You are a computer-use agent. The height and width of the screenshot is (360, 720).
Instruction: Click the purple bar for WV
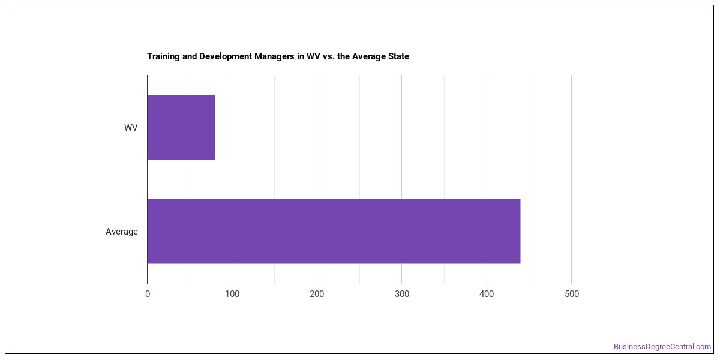coord(181,127)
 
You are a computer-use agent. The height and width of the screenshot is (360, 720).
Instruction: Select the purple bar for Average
coord(334,231)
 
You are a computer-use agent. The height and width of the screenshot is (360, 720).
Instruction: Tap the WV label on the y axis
coord(131,128)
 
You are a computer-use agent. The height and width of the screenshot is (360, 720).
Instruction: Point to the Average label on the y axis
coord(121,232)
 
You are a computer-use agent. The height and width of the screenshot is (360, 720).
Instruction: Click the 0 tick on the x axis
coord(148,294)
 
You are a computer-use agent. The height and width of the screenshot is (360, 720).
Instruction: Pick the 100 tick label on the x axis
coord(232,294)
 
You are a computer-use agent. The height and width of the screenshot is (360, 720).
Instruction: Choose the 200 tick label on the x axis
coord(317,294)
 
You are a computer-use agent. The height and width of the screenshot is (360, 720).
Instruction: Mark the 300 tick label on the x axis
coord(402,294)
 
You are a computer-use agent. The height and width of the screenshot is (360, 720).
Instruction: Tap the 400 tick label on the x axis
coord(487,294)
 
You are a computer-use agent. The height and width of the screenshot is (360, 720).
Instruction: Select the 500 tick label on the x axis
coord(571,294)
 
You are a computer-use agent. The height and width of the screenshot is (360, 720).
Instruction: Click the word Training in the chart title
coord(163,56)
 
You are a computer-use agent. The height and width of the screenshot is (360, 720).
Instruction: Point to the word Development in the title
coord(226,56)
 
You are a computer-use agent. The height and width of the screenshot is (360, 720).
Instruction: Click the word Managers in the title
coord(275,56)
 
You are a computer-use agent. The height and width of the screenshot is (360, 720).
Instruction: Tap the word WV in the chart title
coord(313,56)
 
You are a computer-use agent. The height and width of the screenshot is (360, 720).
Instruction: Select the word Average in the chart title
coord(369,56)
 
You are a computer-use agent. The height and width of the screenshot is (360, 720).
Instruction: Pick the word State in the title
coord(398,56)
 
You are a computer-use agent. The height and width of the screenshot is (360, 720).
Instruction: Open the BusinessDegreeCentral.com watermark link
coord(662,347)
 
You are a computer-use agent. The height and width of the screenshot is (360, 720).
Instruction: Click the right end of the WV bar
coord(215,127)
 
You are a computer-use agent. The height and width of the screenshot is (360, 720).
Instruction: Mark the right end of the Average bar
coord(520,231)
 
